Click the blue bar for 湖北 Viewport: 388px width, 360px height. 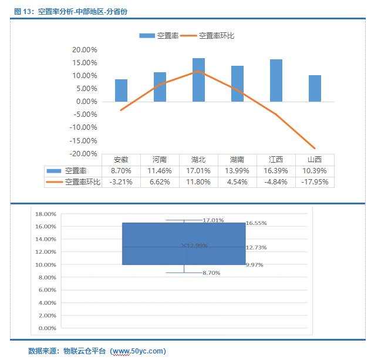click(x=198, y=79)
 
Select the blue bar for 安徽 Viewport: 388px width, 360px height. click(x=121, y=90)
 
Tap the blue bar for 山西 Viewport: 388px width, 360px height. click(x=315, y=88)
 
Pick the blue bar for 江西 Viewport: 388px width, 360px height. click(x=276, y=80)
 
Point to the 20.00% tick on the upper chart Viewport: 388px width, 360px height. click(x=85, y=49)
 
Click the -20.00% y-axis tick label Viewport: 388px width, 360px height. click(x=84, y=153)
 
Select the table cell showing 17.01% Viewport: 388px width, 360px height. click(x=198, y=170)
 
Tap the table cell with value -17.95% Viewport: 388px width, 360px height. click(x=315, y=181)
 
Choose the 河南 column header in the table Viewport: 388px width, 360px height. click(x=160, y=159)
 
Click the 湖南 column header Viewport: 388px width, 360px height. click(x=237, y=159)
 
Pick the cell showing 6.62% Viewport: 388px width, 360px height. click(x=160, y=181)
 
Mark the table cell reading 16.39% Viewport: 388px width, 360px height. click(x=276, y=170)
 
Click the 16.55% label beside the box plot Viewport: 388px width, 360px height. click(x=256, y=223)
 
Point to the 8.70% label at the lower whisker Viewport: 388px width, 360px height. click(x=212, y=273)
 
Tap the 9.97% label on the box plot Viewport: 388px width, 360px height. click(x=254, y=265)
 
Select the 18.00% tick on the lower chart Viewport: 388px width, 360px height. click(x=45, y=214)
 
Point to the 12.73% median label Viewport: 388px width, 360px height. click(x=256, y=247)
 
